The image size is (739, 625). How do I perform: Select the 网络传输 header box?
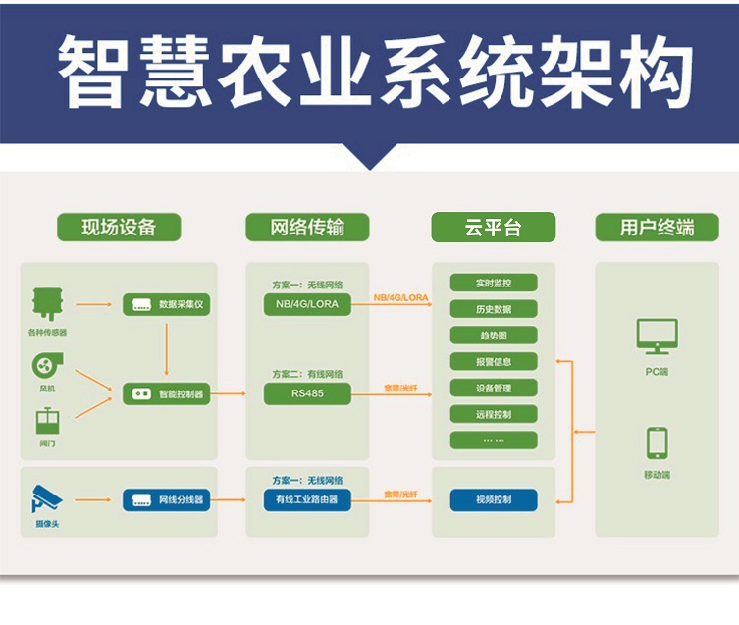coord(307,228)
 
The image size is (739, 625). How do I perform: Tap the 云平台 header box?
coord(494,228)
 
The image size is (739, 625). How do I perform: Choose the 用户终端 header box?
coord(657,228)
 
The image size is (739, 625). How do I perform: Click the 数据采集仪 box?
coord(166,304)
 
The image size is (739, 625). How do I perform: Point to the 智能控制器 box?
coord(166,393)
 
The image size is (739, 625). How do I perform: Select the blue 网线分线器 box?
coord(166,499)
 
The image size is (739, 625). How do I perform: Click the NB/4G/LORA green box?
coord(307,304)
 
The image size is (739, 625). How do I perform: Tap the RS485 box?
coord(307,393)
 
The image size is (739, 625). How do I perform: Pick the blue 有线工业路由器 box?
coord(307,499)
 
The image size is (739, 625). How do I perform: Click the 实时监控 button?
coord(494,283)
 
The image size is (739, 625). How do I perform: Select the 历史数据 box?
coord(494,309)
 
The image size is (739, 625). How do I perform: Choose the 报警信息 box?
coord(494,361)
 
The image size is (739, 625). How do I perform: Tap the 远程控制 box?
coord(494,413)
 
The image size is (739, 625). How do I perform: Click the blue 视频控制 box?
coord(494,499)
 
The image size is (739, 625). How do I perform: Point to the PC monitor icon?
coord(657,337)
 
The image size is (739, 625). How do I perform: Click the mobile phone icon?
coord(657,443)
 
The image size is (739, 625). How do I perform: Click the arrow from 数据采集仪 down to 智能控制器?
coord(167,348)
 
